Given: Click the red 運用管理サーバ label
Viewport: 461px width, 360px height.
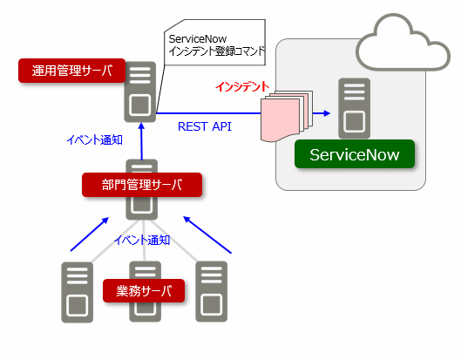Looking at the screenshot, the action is pyautogui.click(x=71, y=71).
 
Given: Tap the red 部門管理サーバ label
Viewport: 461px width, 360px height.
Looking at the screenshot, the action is pyautogui.click(x=142, y=185).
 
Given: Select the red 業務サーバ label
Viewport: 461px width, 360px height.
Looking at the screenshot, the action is pyautogui.click(x=144, y=291).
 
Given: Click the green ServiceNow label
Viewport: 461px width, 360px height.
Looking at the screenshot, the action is pyautogui.click(x=355, y=154).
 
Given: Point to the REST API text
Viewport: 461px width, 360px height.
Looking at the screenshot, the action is pyautogui.click(x=205, y=126).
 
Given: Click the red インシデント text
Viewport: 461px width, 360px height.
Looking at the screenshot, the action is pyautogui.click(x=242, y=86).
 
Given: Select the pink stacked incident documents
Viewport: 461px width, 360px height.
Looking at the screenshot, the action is pyautogui.click(x=287, y=116).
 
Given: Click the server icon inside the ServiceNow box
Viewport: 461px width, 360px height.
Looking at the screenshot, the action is pyautogui.click(x=354, y=108).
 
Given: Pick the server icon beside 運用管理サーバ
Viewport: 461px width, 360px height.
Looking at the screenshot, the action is pyautogui.click(x=140, y=92).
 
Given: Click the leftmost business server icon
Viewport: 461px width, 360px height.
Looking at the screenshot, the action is pyautogui.click(x=77, y=292).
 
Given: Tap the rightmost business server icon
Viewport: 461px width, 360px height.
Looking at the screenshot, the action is pyautogui.click(x=212, y=291).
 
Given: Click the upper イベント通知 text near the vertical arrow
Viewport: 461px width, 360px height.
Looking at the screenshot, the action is pyautogui.click(x=94, y=139).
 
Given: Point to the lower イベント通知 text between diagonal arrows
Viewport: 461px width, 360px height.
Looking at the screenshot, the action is pyautogui.click(x=142, y=240).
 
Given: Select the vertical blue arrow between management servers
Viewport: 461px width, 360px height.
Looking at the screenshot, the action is pyautogui.click(x=142, y=141).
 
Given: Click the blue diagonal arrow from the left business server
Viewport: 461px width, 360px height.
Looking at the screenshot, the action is pyautogui.click(x=90, y=234).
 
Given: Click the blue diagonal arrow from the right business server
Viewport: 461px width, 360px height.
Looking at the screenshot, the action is pyautogui.click(x=207, y=234).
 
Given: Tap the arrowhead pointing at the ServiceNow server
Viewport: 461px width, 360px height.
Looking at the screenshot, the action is pyautogui.click(x=327, y=113).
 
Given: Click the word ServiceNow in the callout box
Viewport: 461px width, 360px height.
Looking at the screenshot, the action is pyautogui.click(x=198, y=39).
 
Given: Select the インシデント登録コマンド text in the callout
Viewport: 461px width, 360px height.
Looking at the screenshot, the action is pyautogui.click(x=216, y=51).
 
